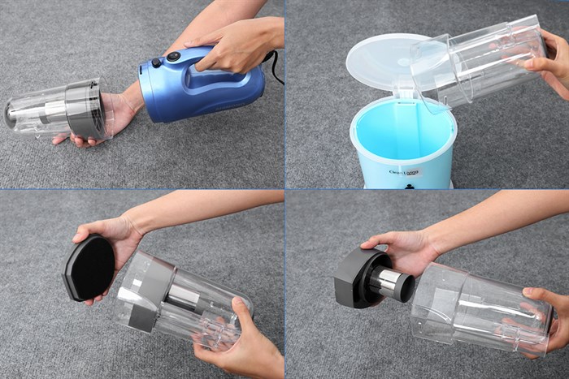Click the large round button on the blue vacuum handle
tap(173, 57)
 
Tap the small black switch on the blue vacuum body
tap(154, 62)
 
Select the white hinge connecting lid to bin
tap(400, 91)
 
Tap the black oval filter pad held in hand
tap(89, 267)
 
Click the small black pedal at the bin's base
tap(409, 186)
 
